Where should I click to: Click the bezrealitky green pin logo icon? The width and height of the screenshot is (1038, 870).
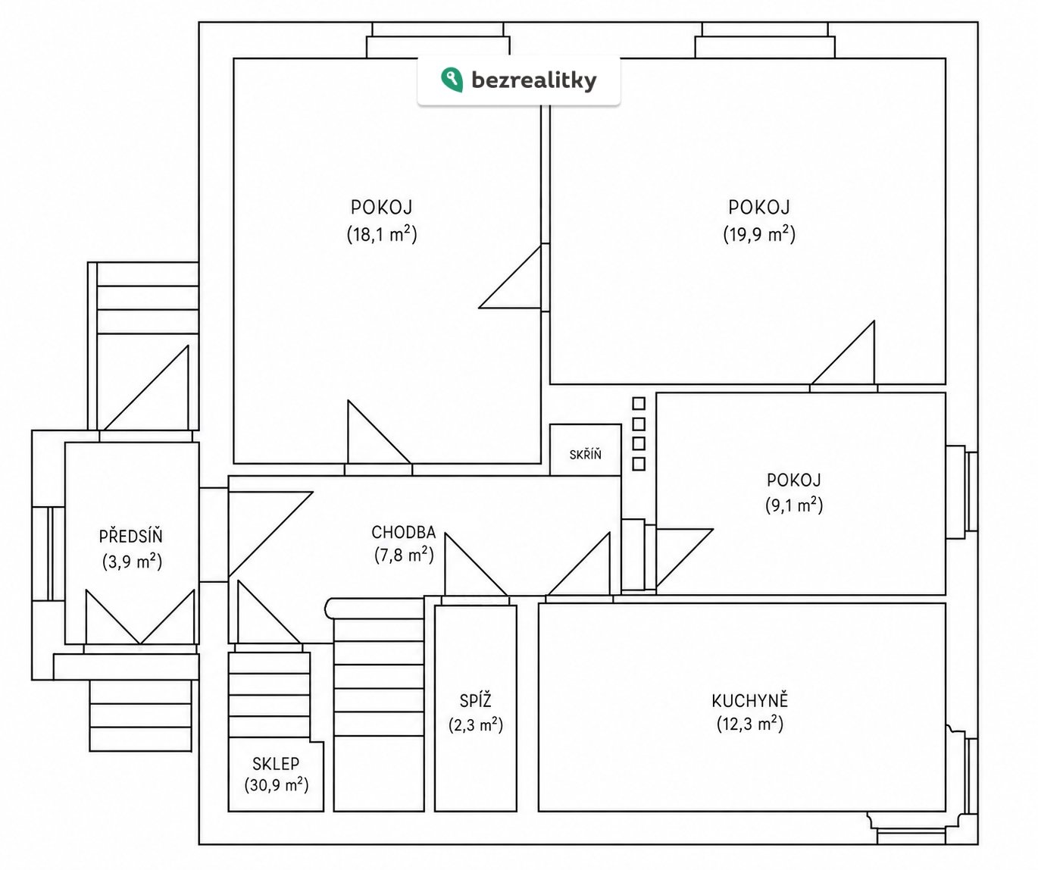click(x=452, y=80)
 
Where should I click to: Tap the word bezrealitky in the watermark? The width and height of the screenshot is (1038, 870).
click(x=534, y=80)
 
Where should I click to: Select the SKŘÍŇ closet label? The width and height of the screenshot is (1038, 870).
click(x=585, y=454)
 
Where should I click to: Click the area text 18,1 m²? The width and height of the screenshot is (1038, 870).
click(x=382, y=233)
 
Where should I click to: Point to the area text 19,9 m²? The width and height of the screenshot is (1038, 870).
click(x=759, y=233)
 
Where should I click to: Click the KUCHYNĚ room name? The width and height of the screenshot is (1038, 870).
click(x=749, y=700)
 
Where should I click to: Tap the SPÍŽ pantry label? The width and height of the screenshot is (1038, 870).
click(x=475, y=700)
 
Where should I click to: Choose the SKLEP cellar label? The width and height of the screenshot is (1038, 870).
click(x=276, y=764)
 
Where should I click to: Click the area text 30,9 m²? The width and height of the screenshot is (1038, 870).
click(x=277, y=785)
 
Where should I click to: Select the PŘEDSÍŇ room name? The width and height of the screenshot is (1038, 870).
click(x=131, y=536)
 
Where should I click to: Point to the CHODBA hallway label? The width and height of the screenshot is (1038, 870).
click(x=404, y=533)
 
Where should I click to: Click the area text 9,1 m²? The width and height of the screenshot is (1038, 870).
click(x=794, y=505)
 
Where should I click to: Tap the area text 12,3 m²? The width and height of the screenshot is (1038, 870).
click(x=749, y=724)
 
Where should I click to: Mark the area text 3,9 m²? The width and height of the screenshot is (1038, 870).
click(x=133, y=562)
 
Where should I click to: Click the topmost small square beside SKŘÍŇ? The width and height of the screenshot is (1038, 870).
click(x=639, y=403)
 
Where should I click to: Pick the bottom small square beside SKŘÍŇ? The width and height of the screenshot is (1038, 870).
click(x=639, y=464)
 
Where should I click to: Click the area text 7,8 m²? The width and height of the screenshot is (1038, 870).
click(x=404, y=555)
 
